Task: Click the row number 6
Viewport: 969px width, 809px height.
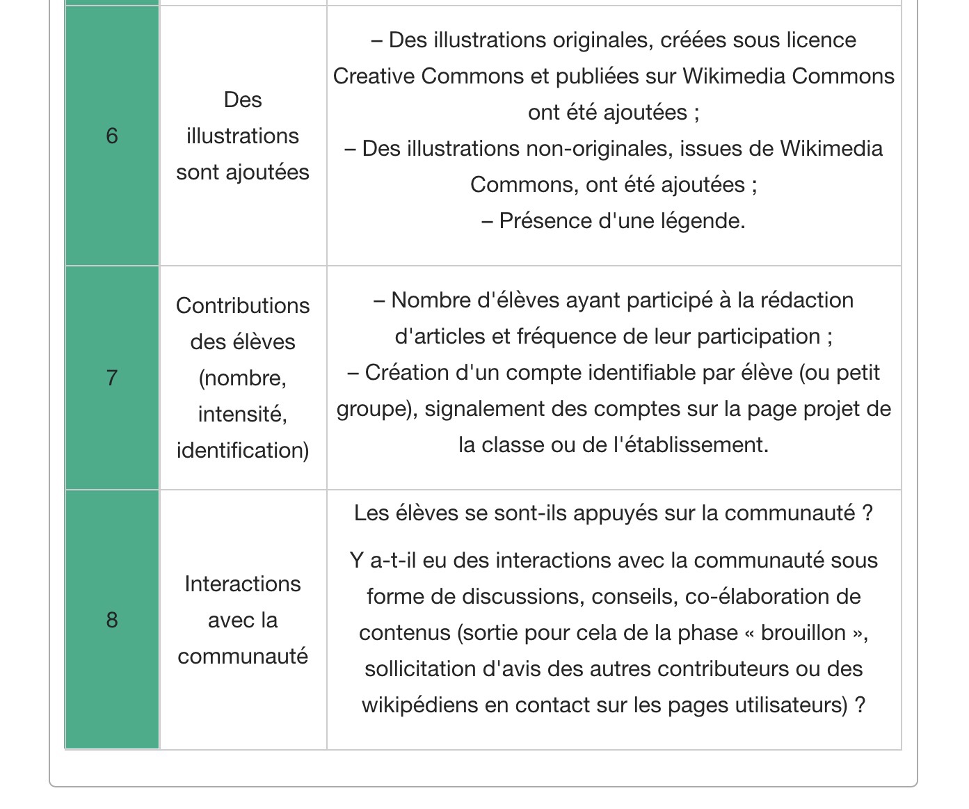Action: [x=112, y=136]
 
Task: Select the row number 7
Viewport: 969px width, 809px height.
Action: [x=112, y=378]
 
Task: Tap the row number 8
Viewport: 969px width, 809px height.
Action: [x=112, y=620]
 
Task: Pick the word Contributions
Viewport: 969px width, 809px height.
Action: [x=243, y=305]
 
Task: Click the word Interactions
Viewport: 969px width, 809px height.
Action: [x=243, y=584]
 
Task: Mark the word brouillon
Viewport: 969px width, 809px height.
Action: [x=803, y=632]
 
